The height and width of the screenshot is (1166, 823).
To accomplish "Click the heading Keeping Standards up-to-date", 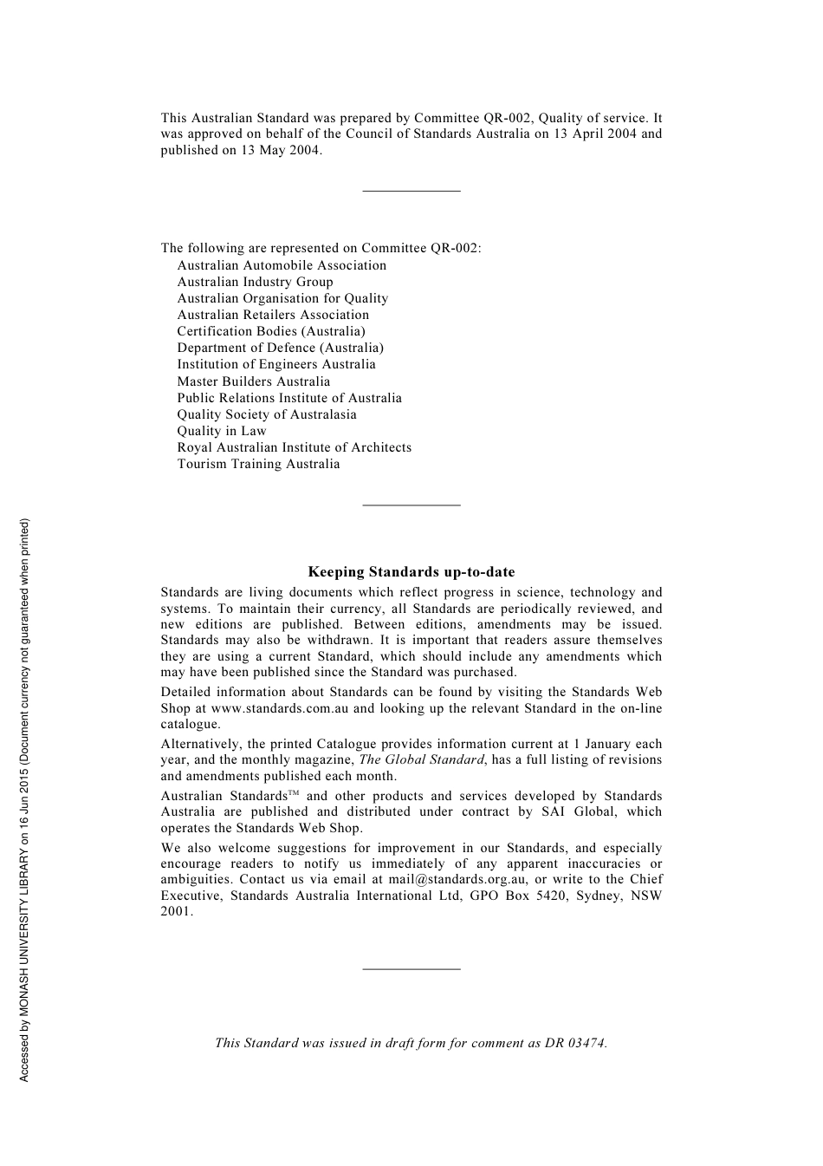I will coord(411,572).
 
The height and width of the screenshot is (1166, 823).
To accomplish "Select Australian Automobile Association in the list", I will coord(282,265).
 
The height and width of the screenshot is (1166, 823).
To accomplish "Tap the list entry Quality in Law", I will coord(222,431).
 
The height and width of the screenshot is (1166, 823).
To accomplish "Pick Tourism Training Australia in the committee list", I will coord(258,464).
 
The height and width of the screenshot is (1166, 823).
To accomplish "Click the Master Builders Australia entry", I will coord(253,381).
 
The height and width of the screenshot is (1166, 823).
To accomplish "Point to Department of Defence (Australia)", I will coord(280,348).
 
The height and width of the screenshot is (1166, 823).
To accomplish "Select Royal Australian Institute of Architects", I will coord(294,447).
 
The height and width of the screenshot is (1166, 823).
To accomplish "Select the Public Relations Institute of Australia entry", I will coord(289,398).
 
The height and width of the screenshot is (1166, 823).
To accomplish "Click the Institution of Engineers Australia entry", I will coord(276,364).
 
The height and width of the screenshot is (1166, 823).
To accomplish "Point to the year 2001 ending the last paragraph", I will coord(176,911).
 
